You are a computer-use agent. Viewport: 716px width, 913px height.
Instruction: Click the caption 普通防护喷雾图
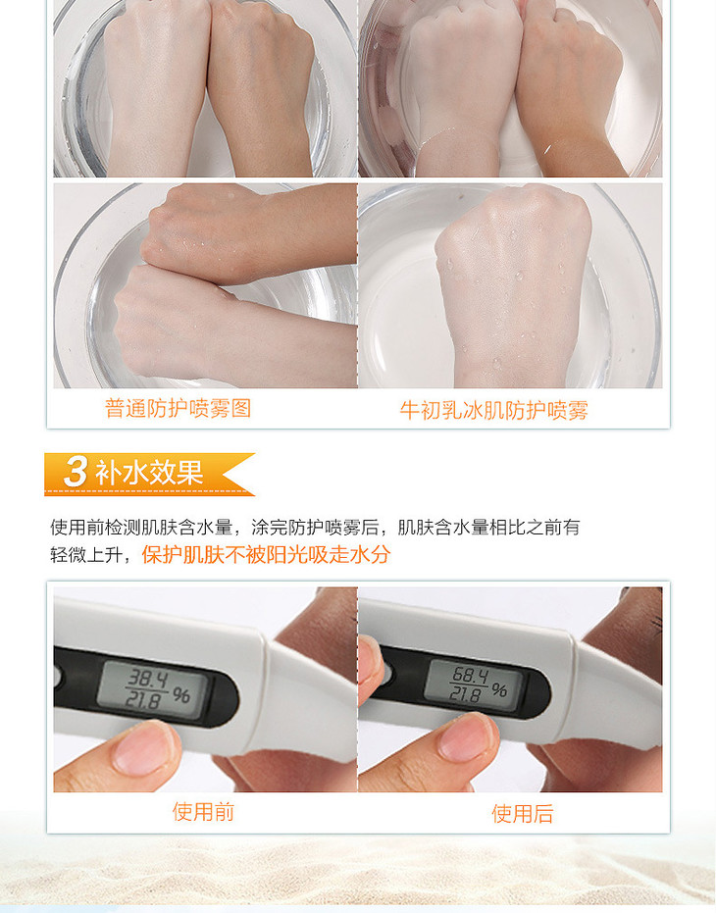(179, 408)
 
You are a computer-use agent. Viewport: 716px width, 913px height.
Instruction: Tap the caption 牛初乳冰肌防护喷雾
(494, 411)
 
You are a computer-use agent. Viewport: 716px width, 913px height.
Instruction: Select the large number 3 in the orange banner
(76, 471)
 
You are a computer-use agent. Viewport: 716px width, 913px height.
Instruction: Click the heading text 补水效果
(149, 473)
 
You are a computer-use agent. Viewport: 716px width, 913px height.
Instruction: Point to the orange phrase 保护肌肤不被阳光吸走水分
(266, 554)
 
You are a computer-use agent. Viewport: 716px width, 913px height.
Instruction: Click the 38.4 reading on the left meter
(148, 679)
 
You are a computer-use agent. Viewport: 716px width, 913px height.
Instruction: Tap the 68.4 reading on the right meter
(471, 676)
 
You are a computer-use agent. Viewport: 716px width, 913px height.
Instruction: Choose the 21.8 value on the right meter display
(465, 694)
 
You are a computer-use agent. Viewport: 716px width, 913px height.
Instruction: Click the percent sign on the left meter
(181, 695)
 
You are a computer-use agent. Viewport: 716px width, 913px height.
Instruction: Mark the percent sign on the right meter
(499, 690)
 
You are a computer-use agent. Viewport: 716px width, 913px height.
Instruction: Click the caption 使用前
(203, 811)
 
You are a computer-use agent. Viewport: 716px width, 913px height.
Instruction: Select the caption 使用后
(523, 813)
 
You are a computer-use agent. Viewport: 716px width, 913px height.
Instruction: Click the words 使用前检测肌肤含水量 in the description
(141, 528)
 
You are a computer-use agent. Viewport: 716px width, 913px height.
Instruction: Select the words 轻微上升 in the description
(85, 555)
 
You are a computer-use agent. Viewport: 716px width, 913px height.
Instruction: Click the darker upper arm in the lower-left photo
(250, 233)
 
